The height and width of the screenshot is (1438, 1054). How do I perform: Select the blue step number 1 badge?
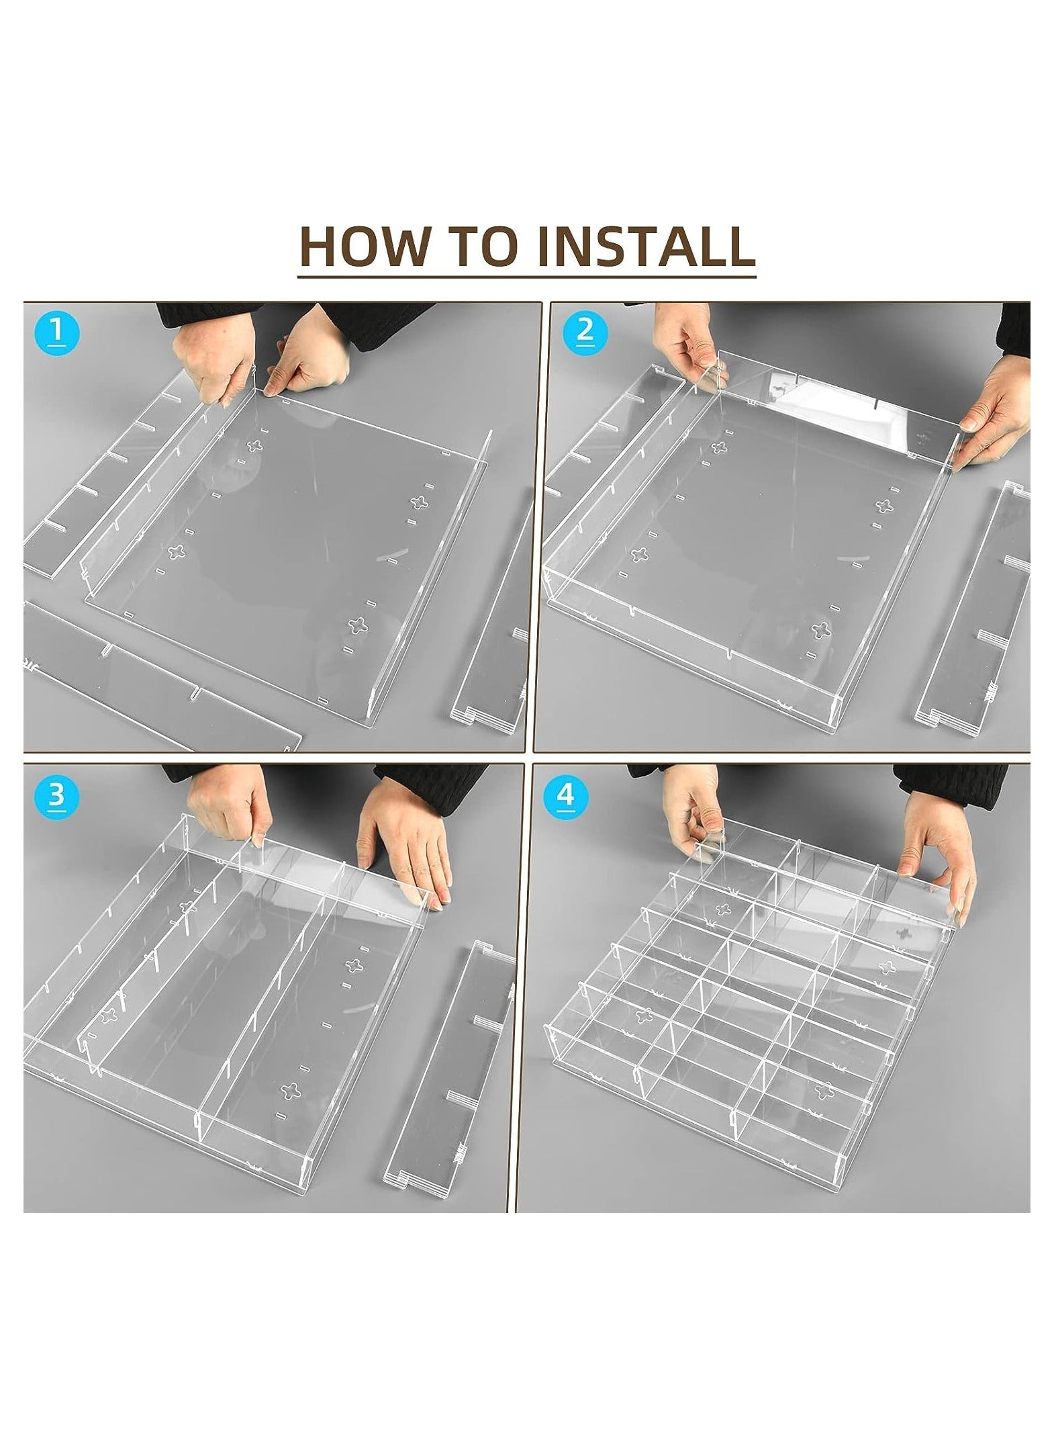(x=58, y=331)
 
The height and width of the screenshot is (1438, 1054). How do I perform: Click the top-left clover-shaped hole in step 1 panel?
(x=256, y=445)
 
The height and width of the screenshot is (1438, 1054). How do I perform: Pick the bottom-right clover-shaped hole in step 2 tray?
(x=819, y=629)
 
